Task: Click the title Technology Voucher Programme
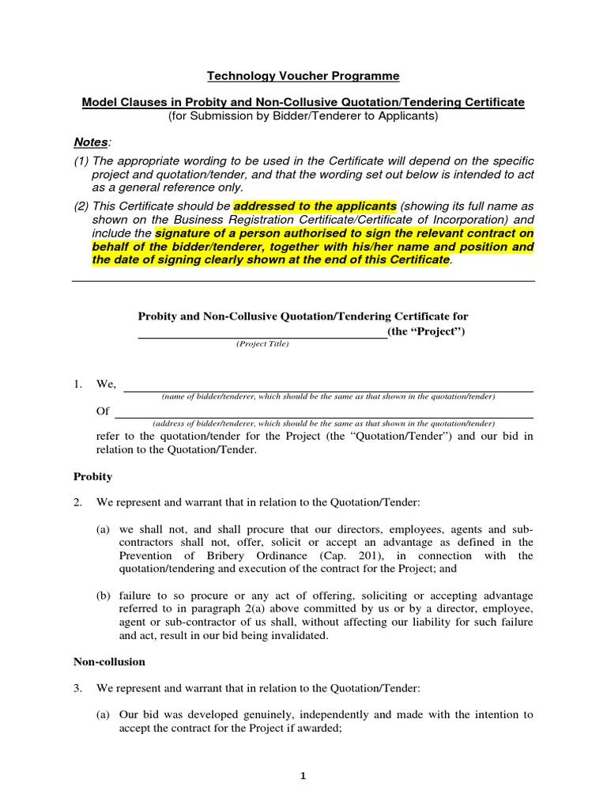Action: [x=303, y=76]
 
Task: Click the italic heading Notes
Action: [x=91, y=142]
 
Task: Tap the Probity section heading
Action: [x=92, y=476]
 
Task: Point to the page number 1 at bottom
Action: [x=303, y=776]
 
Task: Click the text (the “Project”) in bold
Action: [x=426, y=331]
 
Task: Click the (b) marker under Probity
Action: [x=104, y=595]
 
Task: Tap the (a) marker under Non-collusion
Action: [x=103, y=714]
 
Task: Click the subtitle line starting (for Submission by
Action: [x=303, y=116]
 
